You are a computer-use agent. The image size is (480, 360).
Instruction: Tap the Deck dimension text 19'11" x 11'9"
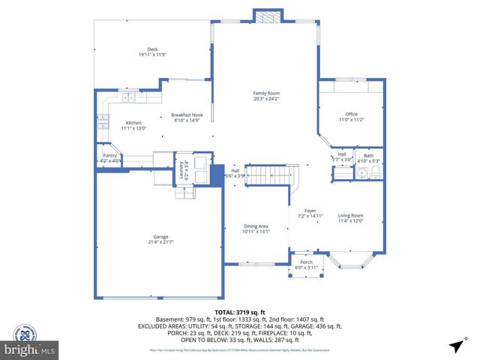(153, 55)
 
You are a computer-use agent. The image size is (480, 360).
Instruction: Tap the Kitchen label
(133, 122)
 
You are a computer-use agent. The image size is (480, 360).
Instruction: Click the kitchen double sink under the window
(127, 97)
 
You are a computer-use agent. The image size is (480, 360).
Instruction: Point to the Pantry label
(109, 156)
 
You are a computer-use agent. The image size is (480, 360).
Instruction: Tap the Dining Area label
(256, 226)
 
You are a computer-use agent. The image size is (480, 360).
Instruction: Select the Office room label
(351, 114)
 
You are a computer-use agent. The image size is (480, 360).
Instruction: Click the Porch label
(305, 262)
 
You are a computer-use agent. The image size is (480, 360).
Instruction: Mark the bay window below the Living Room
(353, 260)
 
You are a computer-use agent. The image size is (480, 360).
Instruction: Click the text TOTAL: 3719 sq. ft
(240, 311)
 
